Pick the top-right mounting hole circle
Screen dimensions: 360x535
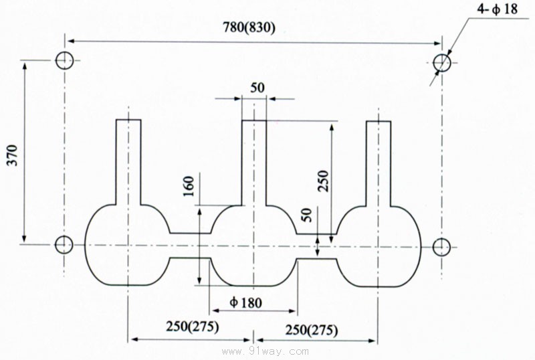(x=441, y=62)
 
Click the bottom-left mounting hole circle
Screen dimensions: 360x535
(x=64, y=245)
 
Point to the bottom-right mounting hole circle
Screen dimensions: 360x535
(x=440, y=247)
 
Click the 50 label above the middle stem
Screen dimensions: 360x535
(x=257, y=88)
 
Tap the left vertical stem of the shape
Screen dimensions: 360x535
(x=128, y=161)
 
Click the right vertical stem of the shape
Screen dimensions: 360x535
(x=379, y=161)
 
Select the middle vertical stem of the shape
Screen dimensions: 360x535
(x=253, y=161)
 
